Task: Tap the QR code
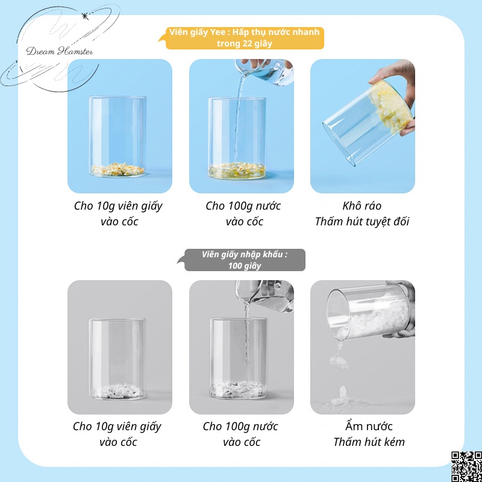click(465, 465)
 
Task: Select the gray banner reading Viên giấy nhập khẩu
click(244, 260)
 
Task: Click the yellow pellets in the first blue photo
click(117, 169)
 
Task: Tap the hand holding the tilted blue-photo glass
click(405, 90)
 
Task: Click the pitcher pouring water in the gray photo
click(265, 296)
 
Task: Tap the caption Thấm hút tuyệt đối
click(362, 222)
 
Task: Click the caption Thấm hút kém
click(369, 442)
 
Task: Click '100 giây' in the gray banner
click(244, 266)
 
